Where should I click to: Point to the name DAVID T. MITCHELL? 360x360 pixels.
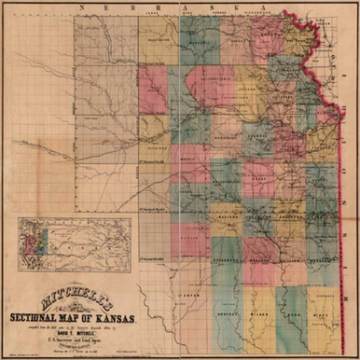[85, 334]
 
